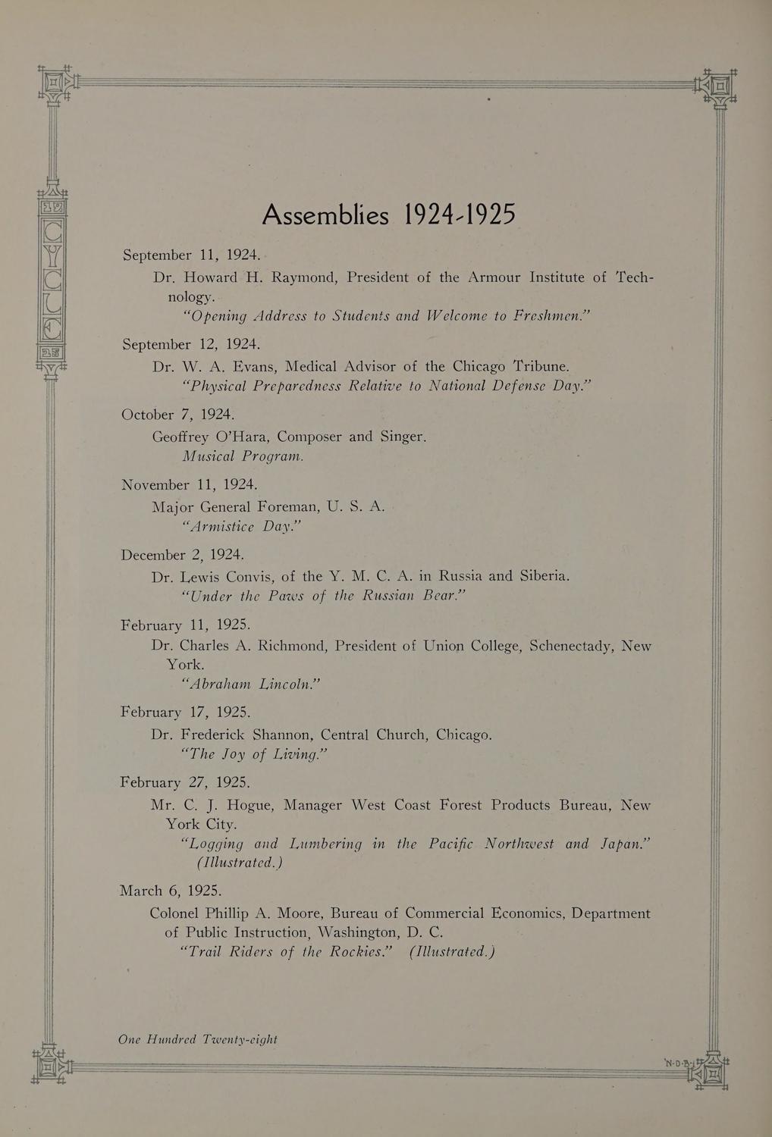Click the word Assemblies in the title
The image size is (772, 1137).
pos(325,215)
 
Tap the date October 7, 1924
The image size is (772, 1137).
pos(178,415)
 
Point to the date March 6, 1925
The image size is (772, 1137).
pos(171,890)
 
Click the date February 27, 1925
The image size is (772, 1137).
pos(185,782)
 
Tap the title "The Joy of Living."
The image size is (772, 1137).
pos(254,754)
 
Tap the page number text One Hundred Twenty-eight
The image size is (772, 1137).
pos(198,1040)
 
